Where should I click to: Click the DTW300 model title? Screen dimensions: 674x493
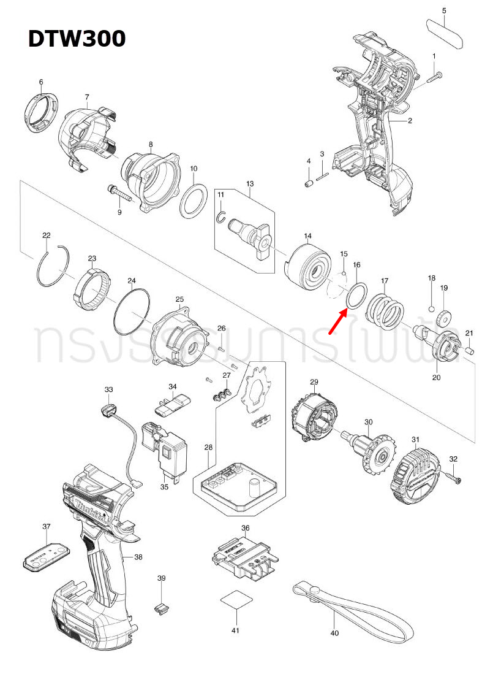coord(77,39)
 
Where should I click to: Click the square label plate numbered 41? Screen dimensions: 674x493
coord(236,599)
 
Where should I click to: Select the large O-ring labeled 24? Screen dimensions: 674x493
coord(132,311)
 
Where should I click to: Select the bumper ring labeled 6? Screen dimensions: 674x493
coord(41,113)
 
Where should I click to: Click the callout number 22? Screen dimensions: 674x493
coord(46,236)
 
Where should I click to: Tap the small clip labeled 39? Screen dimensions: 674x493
coord(160,608)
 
